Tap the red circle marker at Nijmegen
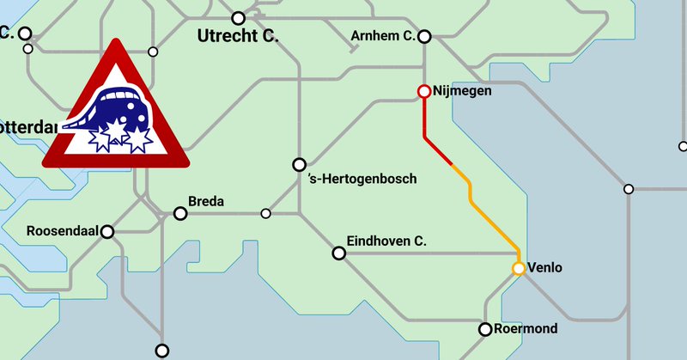point(423,91)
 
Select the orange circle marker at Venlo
point(519,268)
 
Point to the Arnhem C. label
point(384,35)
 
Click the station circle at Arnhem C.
point(423,36)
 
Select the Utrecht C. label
point(239,36)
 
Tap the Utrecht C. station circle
point(239,18)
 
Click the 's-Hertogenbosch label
point(362,179)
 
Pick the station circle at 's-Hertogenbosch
point(300,164)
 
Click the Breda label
point(206,202)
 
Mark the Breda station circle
point(180,213)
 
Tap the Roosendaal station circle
point(107,232)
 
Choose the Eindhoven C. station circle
point(338,253)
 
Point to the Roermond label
point(528,329)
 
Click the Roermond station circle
point(485,329)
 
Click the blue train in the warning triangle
point(120,110)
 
